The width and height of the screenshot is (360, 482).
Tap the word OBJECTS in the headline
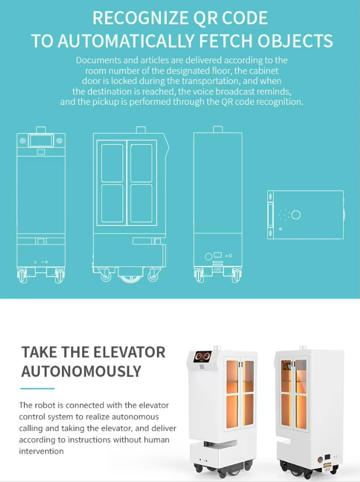pos(295,41)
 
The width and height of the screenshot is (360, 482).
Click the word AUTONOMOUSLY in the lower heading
pos(81,371)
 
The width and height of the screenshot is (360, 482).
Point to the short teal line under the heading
pos(38,389)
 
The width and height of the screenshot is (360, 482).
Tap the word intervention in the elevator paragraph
pos(42,451)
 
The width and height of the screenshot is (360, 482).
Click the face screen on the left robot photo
pos(202,357)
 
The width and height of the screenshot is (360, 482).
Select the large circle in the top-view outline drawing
pos(296,214)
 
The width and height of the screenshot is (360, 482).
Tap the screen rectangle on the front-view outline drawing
pos(41,140)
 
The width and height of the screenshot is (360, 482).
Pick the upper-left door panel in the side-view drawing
pos(112,163)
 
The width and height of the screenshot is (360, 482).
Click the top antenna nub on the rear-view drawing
pos(218,129)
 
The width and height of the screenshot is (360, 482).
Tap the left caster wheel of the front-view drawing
pos(22,276)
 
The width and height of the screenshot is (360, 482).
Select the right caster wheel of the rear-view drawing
pos(236,275)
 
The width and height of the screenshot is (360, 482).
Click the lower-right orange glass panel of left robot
pos(249,410)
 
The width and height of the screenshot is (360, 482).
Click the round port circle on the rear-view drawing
pos(208,257)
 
